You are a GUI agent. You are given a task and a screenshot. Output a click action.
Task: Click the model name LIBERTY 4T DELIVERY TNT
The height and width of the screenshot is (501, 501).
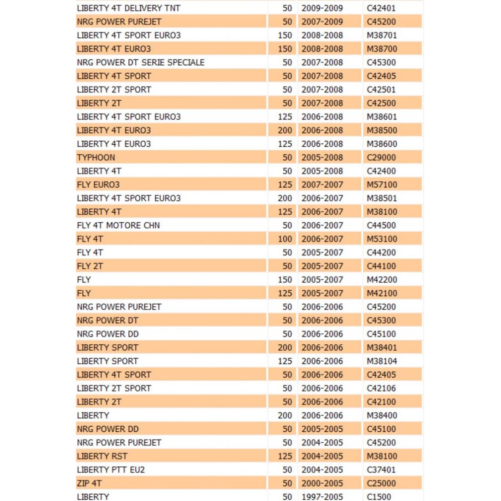pyautogui.click(x=128, y=8)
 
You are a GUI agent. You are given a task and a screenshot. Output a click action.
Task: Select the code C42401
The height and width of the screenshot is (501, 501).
pyautogui.click(x=381, y=8)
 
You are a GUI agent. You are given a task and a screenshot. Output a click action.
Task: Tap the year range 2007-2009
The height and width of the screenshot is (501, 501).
pyautogui.click(x=322, y=22)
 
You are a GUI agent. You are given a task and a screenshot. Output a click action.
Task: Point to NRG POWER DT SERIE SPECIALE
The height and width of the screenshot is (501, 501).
pyautogui.click(x=141, y=62)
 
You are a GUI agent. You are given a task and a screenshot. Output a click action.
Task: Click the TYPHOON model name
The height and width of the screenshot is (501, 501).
pyautogui.click(x=96, y=158)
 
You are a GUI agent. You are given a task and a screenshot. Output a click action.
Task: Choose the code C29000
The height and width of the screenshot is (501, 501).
pyautogui.click(x=381, y=158)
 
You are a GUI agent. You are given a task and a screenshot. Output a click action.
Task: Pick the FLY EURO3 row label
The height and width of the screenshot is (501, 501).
pyautogui.click(x=98, y=185)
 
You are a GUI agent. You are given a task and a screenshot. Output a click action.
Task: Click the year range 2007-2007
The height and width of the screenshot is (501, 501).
pyautogui.click(x=322, y=185)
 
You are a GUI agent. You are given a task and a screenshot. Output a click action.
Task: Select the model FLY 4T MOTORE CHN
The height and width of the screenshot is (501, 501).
pyautogui.click(x=118, y=225)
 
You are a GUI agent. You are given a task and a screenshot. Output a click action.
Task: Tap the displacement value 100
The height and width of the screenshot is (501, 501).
pyautogui.click(x=285, y=239)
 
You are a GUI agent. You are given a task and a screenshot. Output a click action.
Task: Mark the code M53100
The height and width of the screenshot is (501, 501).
pyautogui.click(x=382, y=239)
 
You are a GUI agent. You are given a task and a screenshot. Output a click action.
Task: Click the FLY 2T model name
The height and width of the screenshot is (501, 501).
pyautogui.click(x=90, y=266)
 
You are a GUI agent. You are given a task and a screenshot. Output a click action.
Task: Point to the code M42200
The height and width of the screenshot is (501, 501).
pyautogui.click(x=382, y=280)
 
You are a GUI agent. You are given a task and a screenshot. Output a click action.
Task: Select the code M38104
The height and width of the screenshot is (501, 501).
pyautogui.click(x=382, y=361)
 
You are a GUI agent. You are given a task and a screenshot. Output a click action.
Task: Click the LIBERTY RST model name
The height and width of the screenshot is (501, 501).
pyautogui.click(x=102, y=456)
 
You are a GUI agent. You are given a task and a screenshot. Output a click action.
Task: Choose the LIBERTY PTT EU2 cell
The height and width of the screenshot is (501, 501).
pyautogui.click(x=111, y=470)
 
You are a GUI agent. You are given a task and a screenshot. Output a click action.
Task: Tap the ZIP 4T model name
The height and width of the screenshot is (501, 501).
pyautogui.click(x=89, y=483)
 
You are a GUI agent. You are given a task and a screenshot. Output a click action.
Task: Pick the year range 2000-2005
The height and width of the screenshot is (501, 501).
pyautogui.click(x=322, y=483)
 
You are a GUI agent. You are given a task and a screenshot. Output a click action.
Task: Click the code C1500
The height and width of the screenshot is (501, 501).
pyautogui.click(x=379, y=496)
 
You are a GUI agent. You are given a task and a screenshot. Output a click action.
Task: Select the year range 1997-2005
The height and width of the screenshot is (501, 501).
pyautogui.click(x=322, y=496)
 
